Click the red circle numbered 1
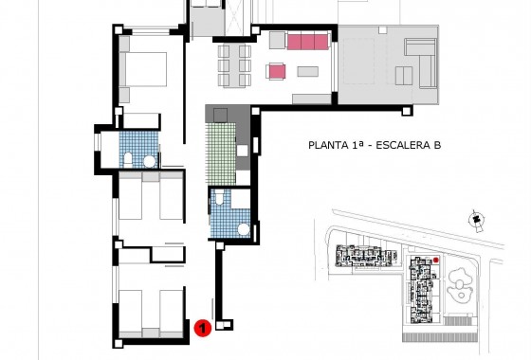coord(202,328)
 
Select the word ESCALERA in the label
coord(403,145)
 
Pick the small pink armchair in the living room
coord(277,71)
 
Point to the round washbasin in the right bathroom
coord(243,227)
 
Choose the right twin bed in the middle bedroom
coord(170,201)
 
